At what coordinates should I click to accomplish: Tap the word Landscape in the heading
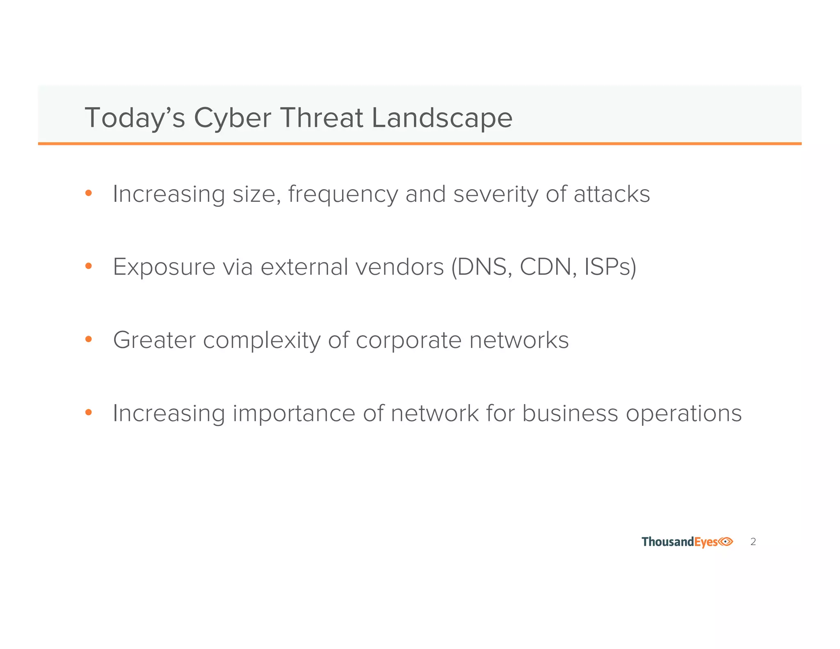coord(442,118)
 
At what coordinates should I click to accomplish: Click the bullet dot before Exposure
coord(88,266)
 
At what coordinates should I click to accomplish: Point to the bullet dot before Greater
coord(88,339)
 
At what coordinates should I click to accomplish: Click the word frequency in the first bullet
coord(343,195)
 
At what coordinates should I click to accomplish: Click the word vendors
coord(399,267)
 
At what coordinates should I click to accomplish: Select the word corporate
coord(408,341)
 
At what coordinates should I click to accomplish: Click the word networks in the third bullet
coord(518,340)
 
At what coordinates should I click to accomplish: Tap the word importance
coord(294,414)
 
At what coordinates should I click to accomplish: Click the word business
coord(570,413)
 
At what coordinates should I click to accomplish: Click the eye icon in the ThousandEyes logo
coord(726,542)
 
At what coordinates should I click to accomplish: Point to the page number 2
coord(753,542)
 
